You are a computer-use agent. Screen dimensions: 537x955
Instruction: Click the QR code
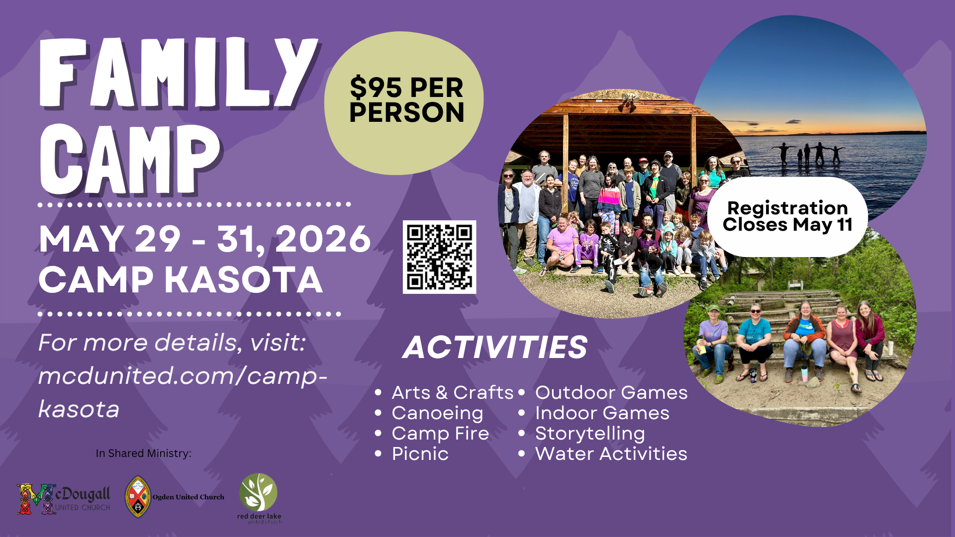click(439, 257)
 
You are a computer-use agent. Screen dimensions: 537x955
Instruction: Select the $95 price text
click(376, 88)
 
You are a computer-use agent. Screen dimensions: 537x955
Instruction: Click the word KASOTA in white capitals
click(244, 280)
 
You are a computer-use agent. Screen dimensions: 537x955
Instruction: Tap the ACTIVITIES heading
click(495, 347)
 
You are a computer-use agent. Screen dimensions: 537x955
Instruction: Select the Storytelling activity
click(589, 434)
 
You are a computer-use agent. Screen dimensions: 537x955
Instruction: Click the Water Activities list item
click(611, 454)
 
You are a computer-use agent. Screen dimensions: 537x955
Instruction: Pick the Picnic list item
click(420, 454)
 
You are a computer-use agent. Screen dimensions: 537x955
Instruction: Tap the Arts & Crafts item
click(452, 393)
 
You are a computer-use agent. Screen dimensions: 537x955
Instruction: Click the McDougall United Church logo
click(64, 499)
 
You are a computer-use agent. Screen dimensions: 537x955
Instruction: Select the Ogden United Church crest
click(138, 496)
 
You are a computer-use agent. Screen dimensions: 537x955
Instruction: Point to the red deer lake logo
click(259, 497)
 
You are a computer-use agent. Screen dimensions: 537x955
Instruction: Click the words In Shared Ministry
click(143, 453)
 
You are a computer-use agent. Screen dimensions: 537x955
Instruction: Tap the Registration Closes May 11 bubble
click(787, 216)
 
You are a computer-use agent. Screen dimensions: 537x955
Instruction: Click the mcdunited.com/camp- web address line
click(183, 376)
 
